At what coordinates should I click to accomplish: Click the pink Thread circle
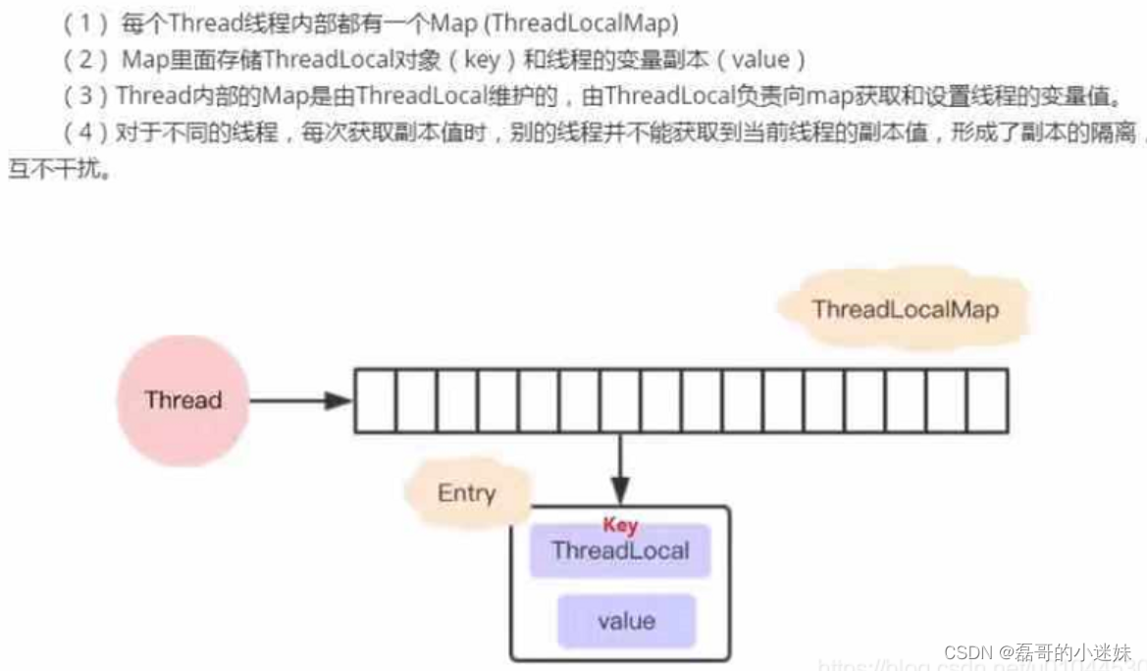182,400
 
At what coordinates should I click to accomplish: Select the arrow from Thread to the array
299,400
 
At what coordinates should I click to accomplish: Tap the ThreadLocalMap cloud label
905,310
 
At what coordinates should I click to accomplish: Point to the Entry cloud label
467,493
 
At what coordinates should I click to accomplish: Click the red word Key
620,526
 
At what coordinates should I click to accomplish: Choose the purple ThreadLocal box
620,550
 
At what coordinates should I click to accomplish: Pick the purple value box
626,621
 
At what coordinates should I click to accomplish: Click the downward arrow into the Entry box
619,469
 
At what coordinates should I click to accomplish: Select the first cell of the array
375,400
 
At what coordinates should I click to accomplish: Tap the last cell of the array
987,400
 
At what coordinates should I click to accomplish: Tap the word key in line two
482,60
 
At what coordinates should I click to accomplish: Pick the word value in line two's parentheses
760,60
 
